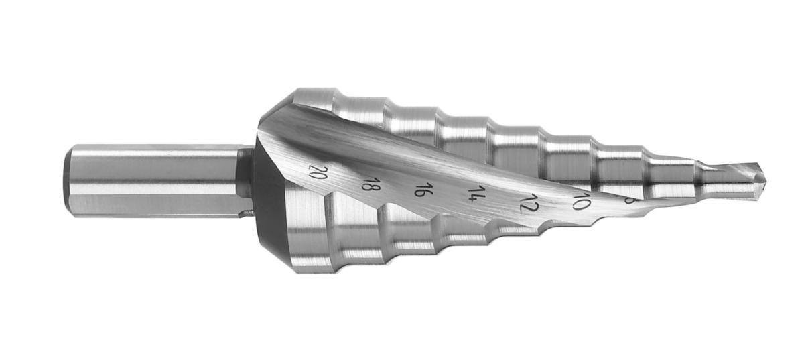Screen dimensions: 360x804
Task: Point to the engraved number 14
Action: coord(476,195)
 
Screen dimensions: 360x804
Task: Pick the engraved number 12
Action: coord(529,202)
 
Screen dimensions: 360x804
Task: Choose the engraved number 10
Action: coord(580,201)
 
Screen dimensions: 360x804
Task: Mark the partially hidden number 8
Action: coord(628,199)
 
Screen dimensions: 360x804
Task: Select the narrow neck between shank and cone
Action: coord(245,180)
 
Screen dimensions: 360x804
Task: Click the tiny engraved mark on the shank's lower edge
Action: coord(246,213)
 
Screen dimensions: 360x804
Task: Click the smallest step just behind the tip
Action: coord(717,178)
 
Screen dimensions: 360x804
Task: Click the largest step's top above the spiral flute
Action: coord(315,101)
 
